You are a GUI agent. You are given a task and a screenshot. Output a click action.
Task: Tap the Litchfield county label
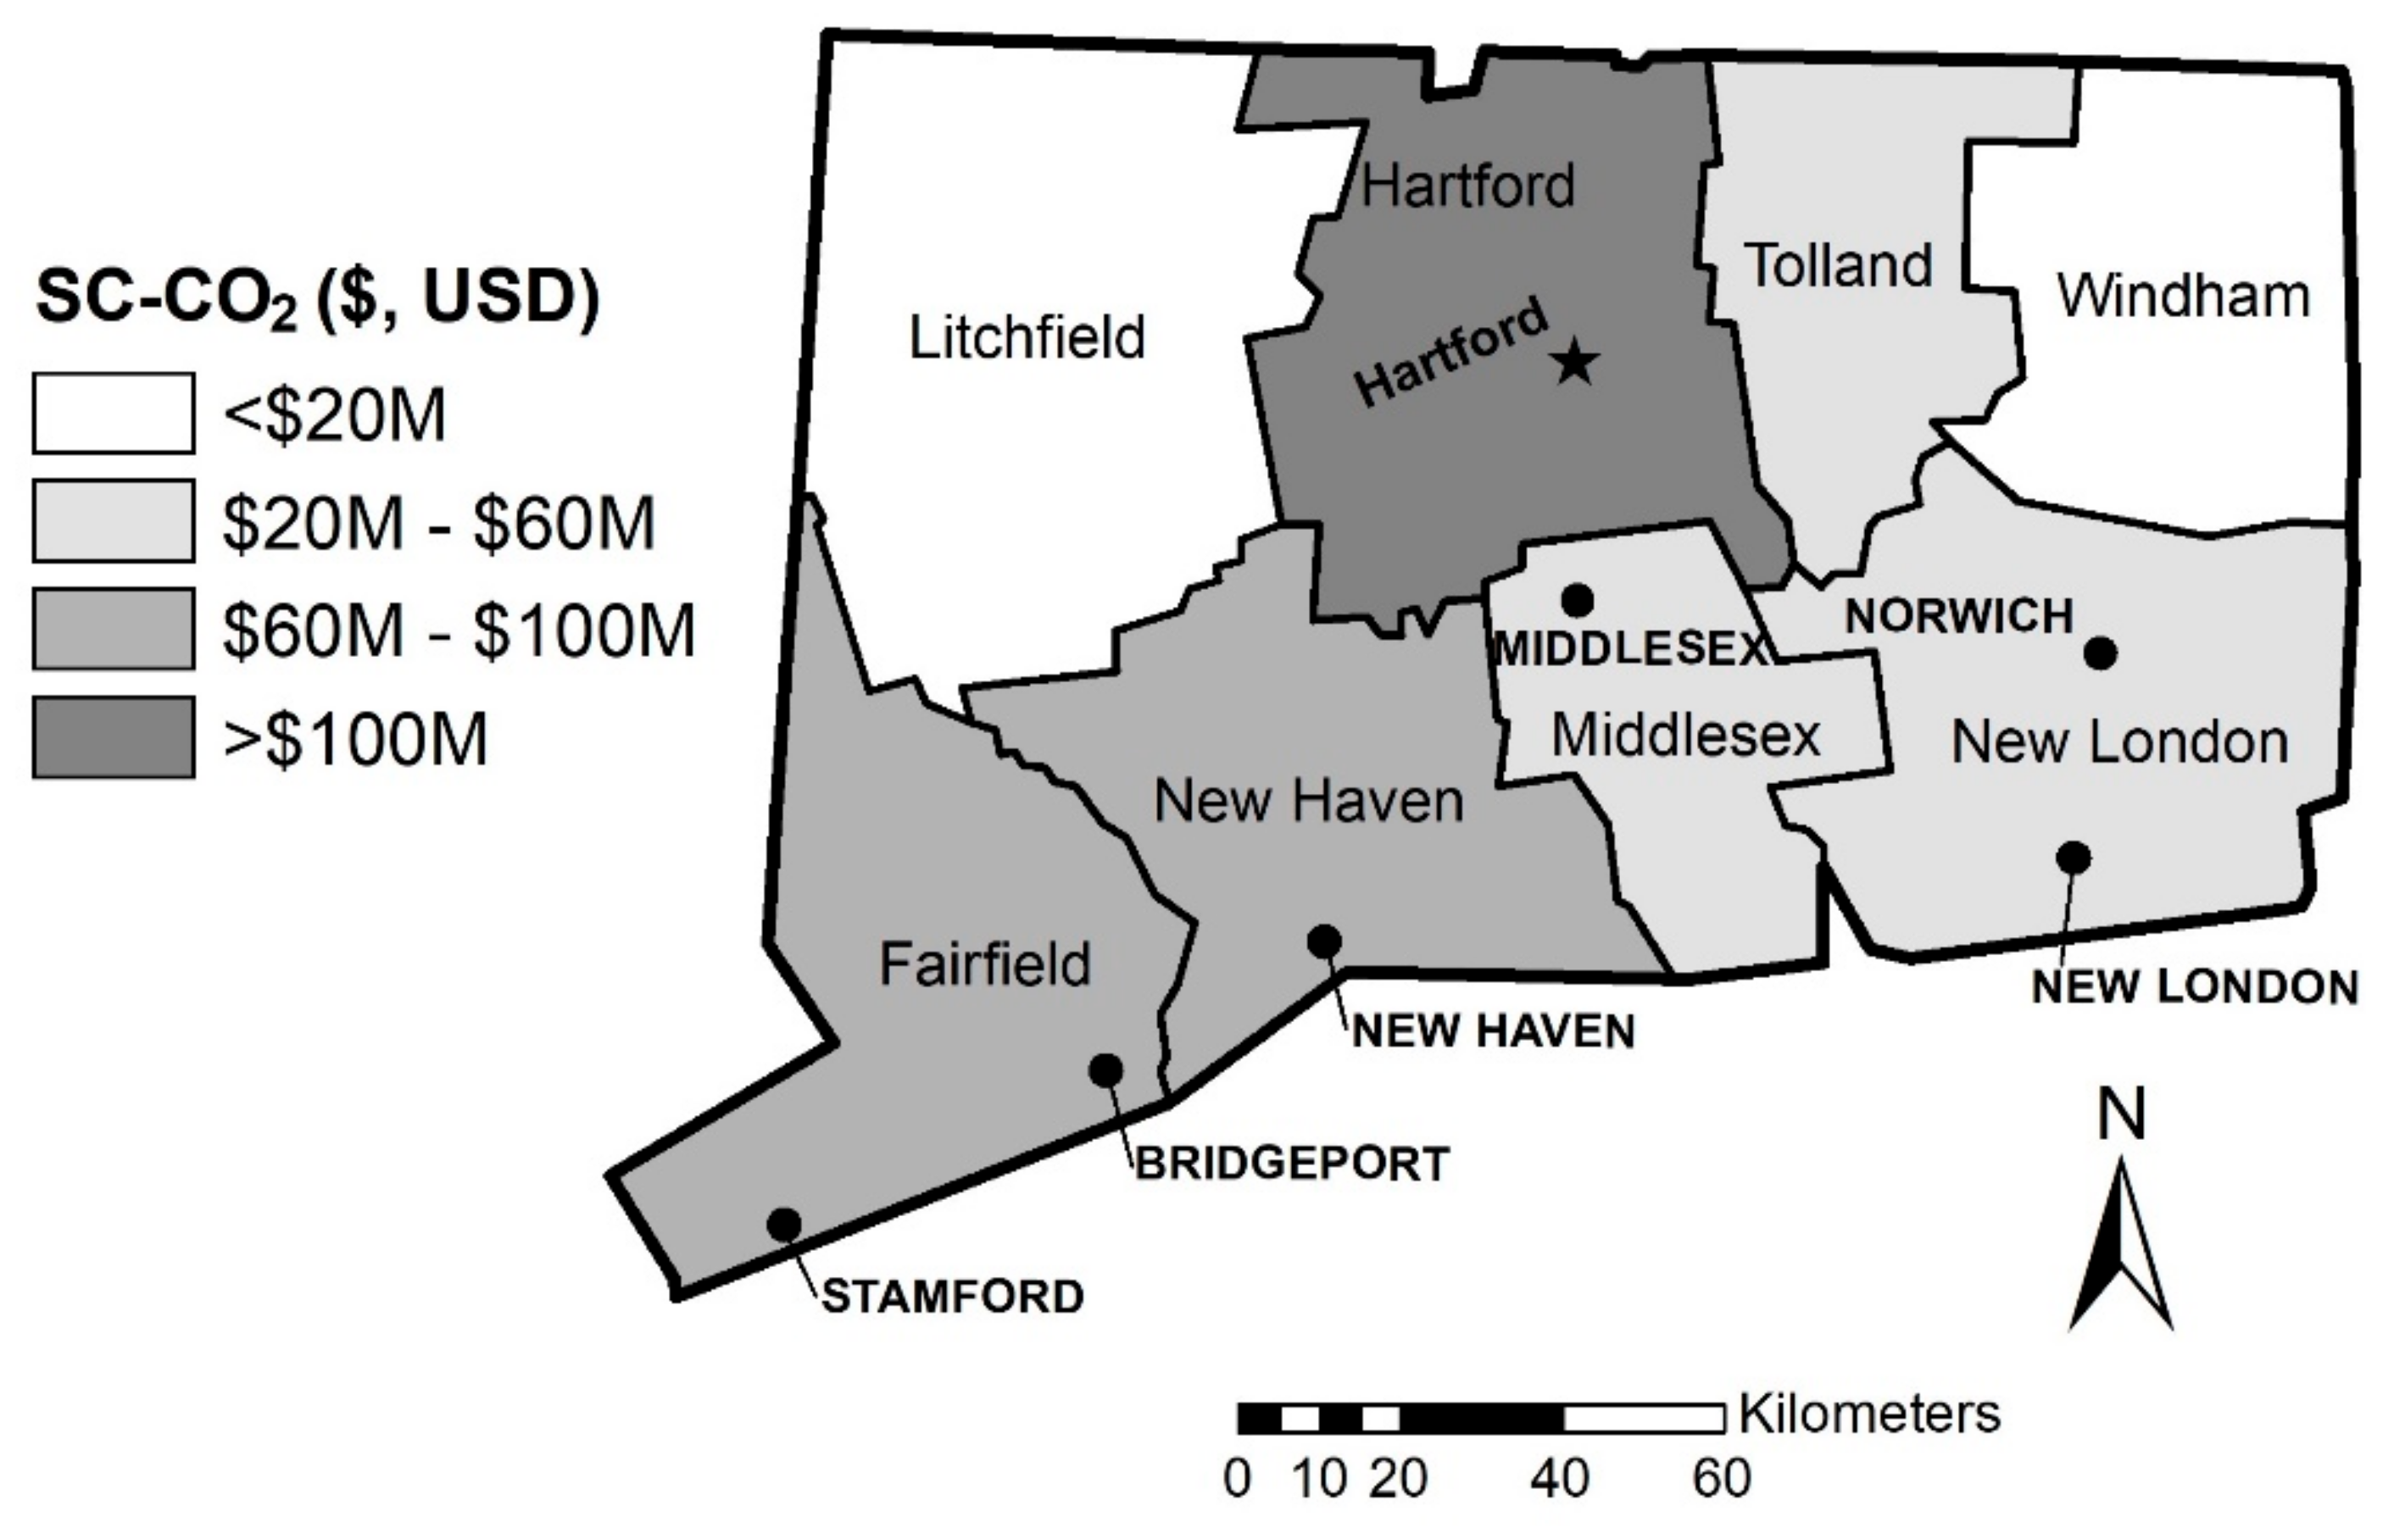tap(1027, 338)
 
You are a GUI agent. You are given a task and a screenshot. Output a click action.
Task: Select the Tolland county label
tap(1838, 266)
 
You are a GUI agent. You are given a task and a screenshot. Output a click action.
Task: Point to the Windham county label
tap(2183, 296)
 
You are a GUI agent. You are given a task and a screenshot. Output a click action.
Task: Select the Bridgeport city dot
tap(1105, 1070)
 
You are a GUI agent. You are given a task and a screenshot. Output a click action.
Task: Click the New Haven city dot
tap(1324, 941)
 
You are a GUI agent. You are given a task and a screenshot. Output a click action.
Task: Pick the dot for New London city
tap(2074, 858)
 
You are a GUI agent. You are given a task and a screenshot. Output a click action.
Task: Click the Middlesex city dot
tap(1578, 601)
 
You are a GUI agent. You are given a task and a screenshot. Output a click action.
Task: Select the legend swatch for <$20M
tap(113, 414)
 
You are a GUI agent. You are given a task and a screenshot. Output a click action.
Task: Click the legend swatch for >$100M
tap(113, 737)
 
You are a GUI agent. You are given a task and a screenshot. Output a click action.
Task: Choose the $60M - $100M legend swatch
tap(113, 630)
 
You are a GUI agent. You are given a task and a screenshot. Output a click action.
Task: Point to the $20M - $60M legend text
tap(437, 523)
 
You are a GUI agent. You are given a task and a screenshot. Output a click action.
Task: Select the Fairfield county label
tap(984, 964)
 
